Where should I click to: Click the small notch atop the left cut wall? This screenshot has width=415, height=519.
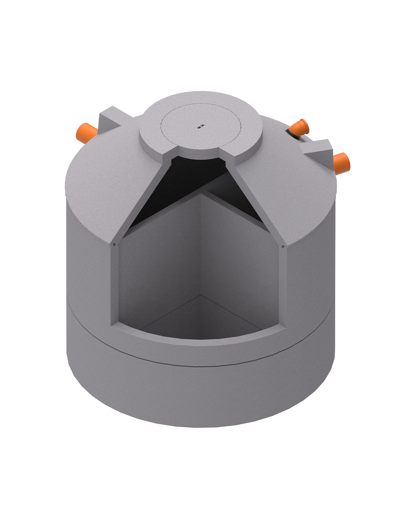tap(115, 244)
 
